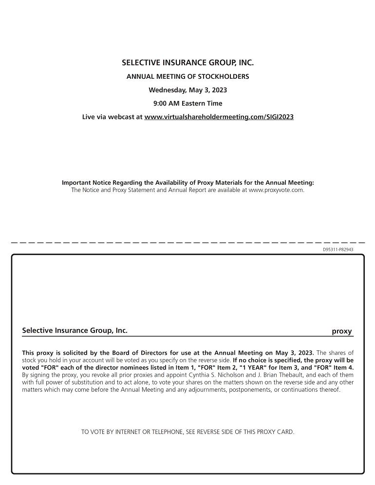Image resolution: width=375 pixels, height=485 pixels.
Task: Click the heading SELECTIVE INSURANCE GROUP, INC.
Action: pyautogui.click(x=187, y=63)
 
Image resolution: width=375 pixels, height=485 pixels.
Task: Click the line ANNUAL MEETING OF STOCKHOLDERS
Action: pyautogui.click(x=187, y=76)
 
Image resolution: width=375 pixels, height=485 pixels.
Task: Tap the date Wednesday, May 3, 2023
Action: pyautogui.click(x=187, y=90)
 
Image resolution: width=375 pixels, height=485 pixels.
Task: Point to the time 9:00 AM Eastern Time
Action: pyautogui.click(x=187, y=103)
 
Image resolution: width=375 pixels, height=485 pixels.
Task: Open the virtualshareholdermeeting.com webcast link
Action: pyautogui.click(x=219, y=117)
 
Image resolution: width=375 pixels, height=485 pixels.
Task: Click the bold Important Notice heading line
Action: pyautogui.click(x=187, y=183)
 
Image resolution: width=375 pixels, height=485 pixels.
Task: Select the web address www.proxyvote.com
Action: pyautogui.click(x=276, y=190)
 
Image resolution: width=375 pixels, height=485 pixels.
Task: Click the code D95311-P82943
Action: pyautogui.click(x=338, y=249)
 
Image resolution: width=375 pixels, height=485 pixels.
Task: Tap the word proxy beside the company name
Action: pyautogui.click(x=341, y=331)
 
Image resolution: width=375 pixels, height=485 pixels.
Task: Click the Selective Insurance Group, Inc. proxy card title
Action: pyautogui.click(x=75, y=330)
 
